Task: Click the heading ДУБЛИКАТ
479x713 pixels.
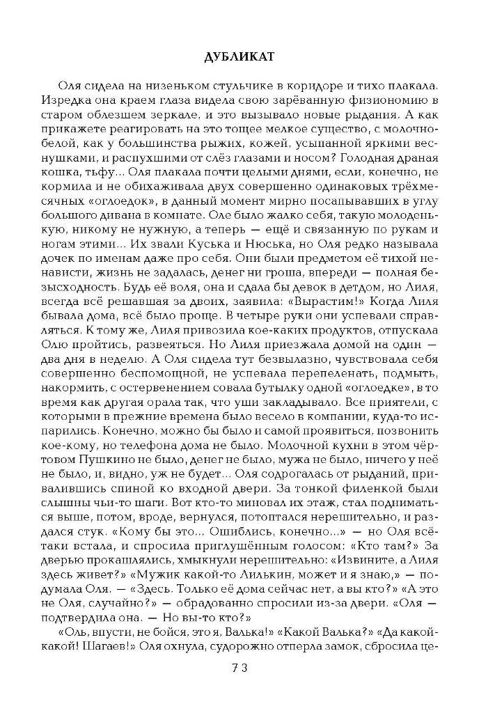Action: (x=239, y=57)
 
